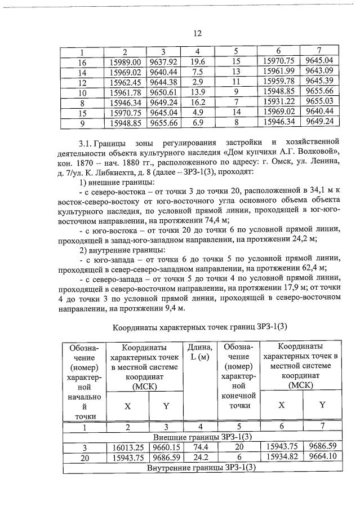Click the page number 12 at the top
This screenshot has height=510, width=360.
197,33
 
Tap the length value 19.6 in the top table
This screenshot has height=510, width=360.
197,62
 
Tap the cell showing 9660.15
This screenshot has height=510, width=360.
163,447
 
